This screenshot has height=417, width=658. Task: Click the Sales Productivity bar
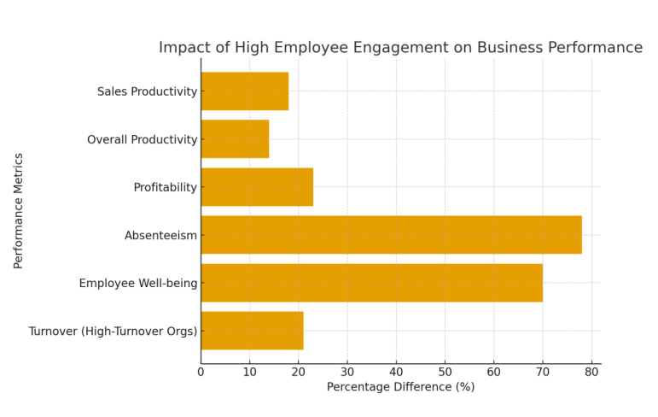pos(244,91)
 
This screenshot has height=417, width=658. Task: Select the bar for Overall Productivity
pos(235,139)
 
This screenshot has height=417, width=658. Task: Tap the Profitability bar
pos(257,187)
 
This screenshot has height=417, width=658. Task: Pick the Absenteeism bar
pos(391,235)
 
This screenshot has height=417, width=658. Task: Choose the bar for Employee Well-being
pos(371,283)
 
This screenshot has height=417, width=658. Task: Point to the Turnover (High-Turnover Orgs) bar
pos(252,331)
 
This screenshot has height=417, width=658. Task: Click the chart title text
pos(400,48)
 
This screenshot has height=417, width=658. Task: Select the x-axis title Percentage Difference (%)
pos(400,387)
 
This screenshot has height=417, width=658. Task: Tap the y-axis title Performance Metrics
pos(19,211)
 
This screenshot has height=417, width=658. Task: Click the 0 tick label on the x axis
pos(201,372)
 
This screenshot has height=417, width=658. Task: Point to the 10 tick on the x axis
pos(250,372)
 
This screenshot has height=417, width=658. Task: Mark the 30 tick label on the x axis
pos(347,372)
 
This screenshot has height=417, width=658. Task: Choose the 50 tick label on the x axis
pos(445,372)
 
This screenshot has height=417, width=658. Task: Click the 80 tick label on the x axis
pos(591,372)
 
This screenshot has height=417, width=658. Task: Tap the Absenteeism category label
pos(160,235)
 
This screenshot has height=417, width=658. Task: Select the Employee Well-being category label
pos(138,283)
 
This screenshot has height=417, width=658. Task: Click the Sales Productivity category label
pos(147,91)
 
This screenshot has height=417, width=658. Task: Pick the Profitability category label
pos(166,187)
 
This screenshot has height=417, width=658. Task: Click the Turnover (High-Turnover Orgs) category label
pos(113,331)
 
